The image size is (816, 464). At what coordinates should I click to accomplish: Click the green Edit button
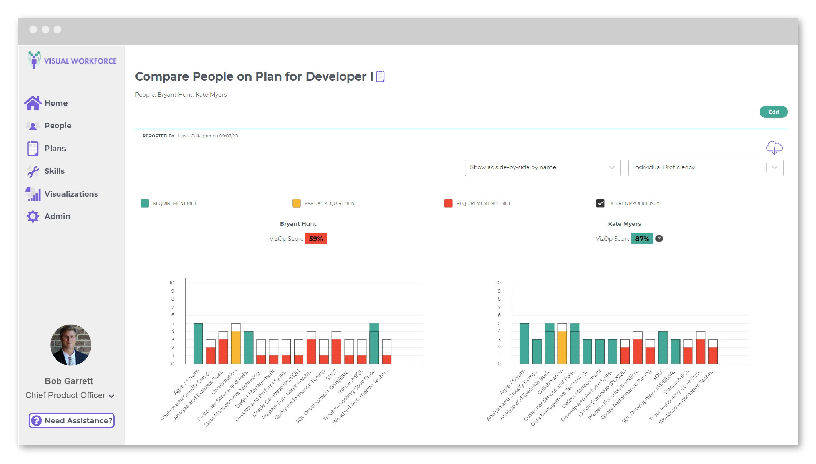coord(773,112)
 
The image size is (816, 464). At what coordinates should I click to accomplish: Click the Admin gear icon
coord(33,216)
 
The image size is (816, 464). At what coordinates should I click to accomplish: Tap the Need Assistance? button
coord(72,421)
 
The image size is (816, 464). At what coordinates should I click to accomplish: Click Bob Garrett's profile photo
coord(71,345)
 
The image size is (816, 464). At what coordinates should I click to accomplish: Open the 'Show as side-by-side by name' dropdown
coord(542,168)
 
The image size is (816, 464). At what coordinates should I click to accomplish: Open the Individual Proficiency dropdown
coord(705,168)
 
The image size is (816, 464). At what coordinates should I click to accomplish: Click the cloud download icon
coord(774,147)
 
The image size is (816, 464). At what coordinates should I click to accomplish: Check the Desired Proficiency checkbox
coord(600,203)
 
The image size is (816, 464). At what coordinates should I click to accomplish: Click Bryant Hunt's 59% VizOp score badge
coord(316,239)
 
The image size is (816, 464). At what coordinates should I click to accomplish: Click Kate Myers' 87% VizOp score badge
coord(642,239)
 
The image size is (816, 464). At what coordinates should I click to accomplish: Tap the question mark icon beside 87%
coord(659,239)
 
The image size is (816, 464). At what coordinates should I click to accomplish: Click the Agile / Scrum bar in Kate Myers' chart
coord(524,343)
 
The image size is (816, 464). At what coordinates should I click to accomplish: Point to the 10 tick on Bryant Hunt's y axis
coord(172,283)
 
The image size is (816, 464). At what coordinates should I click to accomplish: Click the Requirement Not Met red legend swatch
coord(448,203)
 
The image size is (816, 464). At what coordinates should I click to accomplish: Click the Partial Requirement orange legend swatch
coord(297,203)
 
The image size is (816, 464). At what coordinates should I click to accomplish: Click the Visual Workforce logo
coord(72,60)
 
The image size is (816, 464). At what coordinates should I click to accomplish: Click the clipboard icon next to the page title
coord(380,76)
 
